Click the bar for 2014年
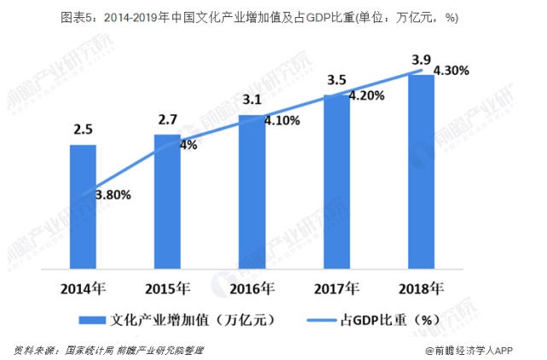83,206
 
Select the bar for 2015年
167,201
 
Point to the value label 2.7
167,119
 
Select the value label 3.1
252,100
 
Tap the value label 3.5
336,80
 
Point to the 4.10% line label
282,121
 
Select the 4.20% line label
367,96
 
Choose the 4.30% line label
451,71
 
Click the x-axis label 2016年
252,286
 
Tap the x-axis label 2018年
421,286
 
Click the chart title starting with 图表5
273,18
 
